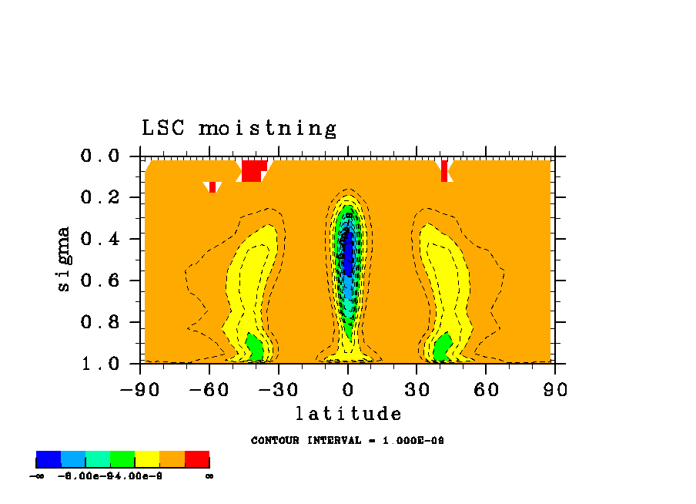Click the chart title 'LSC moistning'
pyautogui.click(x=239, y=128)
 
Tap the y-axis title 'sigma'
pyautogui.click(x=64, y=258)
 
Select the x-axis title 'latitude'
pyautogui.click(x=348, y=414)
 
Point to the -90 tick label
pyautogui.click(x=140, y=389)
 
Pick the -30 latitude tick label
pyautogui.click(x=279, y=389)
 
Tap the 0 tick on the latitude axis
pyautogui.click(x=348, y=389)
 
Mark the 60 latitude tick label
pyautogui.click(x=486, y=389)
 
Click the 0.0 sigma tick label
pyautogui.click(x=100, y=156)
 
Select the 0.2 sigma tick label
pyautogui.click(x=100, y=198)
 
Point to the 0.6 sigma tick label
pyautogui.click(x=100, y=281)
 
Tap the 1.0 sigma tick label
pyautogui.click(x=100, y=364)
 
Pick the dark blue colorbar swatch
pyautogui.click(x=49, y=459)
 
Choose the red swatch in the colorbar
pyautogui.click(x=197, y=459)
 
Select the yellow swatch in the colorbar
pyautogui.click(x=147, y=459)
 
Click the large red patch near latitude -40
pyautogui.click(x=253, y=170)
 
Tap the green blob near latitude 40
pyautogui.click(x=442, y=348)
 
